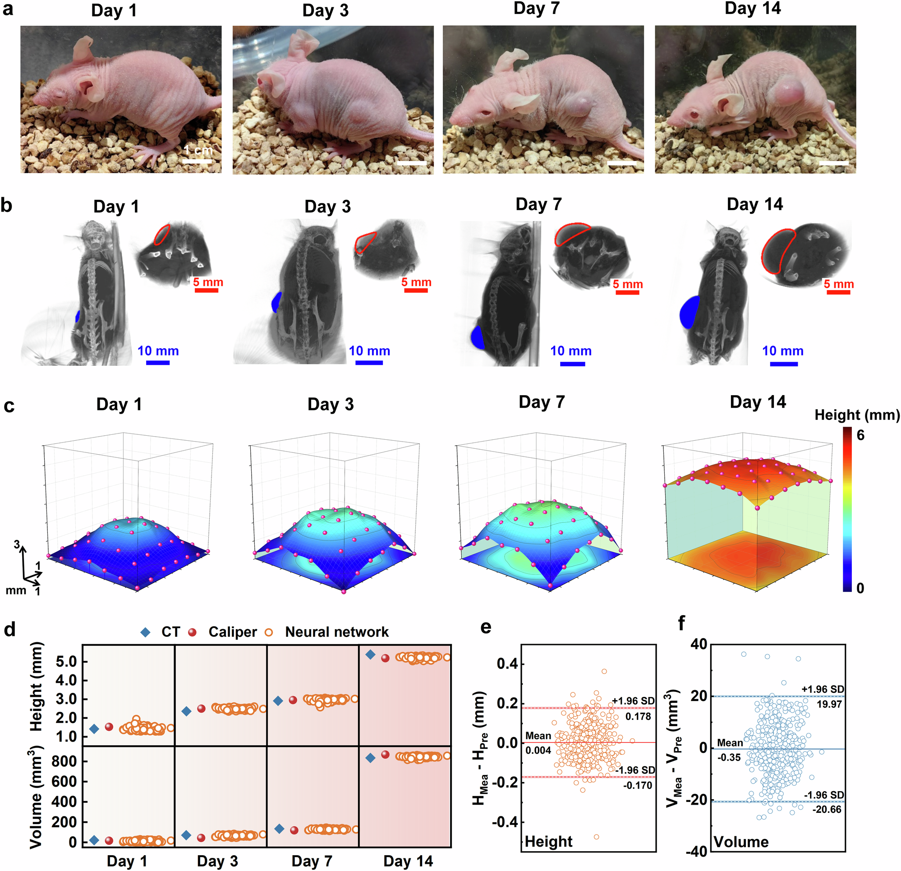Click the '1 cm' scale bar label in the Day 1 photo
[198, 150]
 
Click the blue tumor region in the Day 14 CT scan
[690, 312]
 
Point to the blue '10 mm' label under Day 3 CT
[369, 351]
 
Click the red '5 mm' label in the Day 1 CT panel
[208, 282]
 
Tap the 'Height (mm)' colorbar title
[857, 415]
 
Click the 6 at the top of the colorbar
[860, 435]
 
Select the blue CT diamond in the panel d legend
[146, 632]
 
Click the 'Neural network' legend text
[336, 632]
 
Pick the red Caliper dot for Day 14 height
[385, 659]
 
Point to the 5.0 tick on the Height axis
[66, 662]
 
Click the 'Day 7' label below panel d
[312, 861]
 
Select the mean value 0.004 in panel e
[538, 751]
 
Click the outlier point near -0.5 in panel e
[596, 837]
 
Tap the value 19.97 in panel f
[829, 704]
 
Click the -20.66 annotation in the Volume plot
[827, 809]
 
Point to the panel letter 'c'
[9, 406]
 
